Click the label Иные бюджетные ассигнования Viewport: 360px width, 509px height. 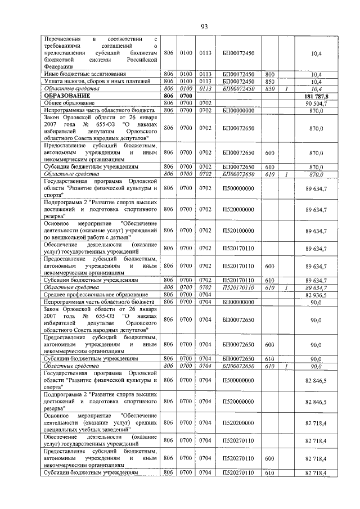pyautogui.click(x=84, y=74)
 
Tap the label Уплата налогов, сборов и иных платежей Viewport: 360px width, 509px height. pyautogui.click(x=97, y=82)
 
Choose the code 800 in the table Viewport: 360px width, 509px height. pyautogui.click(x=269, y=74)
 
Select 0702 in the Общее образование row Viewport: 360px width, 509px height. pyautogui.click(x=205, y=103)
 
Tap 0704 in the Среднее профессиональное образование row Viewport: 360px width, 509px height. pyautogui.click(x=205, y=294)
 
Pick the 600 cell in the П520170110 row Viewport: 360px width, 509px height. pyautogui.click(x=269, y=266)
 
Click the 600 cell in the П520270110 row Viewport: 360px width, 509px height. pyautogui.click(x=269, y=458)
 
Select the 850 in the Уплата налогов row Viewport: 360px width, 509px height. pyautogui.click(x=269, y=82)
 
